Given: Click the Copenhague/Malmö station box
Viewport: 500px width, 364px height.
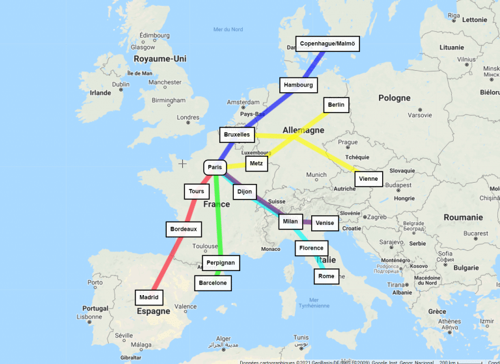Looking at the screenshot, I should [327, 44].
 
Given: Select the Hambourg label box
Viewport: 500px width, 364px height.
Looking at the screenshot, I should [299, 85].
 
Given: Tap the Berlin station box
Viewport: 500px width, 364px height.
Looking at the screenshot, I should [337, 105].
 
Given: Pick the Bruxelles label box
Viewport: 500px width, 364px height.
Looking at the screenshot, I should [236, 135].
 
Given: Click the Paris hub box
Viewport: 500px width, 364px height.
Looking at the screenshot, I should [215, 167].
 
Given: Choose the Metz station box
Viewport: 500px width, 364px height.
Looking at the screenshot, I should [257, 164].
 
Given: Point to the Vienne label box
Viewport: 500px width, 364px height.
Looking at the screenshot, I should [368, 179].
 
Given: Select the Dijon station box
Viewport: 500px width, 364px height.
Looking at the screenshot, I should [245, 192].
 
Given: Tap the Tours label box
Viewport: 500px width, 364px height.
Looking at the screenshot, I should [197, 192].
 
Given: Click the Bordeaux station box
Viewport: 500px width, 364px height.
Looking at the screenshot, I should [183, 229].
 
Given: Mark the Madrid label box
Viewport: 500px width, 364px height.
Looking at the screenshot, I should [149, 297].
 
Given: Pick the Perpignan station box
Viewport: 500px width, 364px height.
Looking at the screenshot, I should [221, 263].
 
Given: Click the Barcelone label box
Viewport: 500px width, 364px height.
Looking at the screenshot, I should [213, 283].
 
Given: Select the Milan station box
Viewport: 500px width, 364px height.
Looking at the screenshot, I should [290, 222].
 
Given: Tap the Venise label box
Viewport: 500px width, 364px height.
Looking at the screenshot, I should [325, 223].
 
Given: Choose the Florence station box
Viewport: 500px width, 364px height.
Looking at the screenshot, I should [311, 248].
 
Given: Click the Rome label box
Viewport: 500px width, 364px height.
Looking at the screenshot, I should [327, 276].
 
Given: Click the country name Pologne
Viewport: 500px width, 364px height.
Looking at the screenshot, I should [395, 98].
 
